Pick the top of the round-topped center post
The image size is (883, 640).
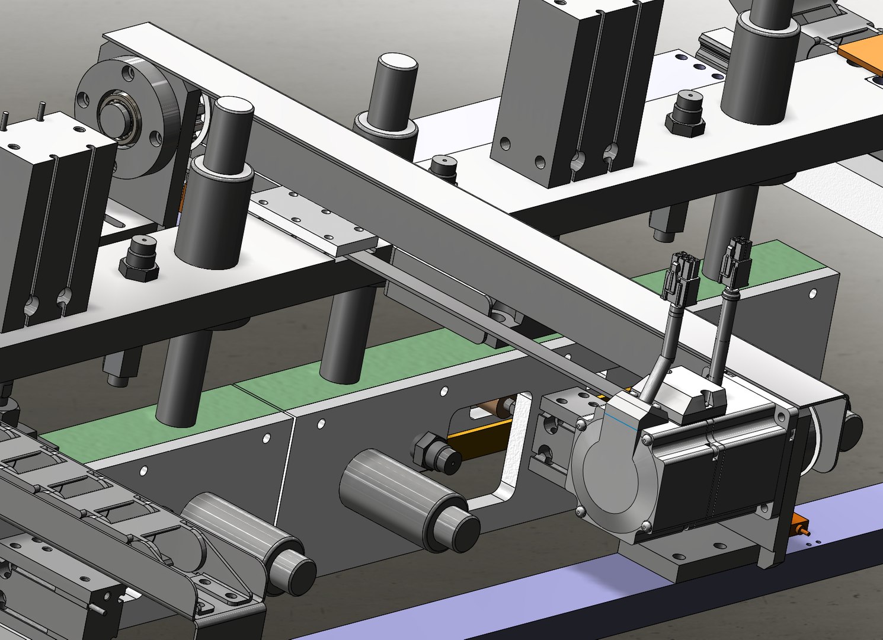[398, 62]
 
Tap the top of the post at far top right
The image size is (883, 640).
[770, 12]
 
